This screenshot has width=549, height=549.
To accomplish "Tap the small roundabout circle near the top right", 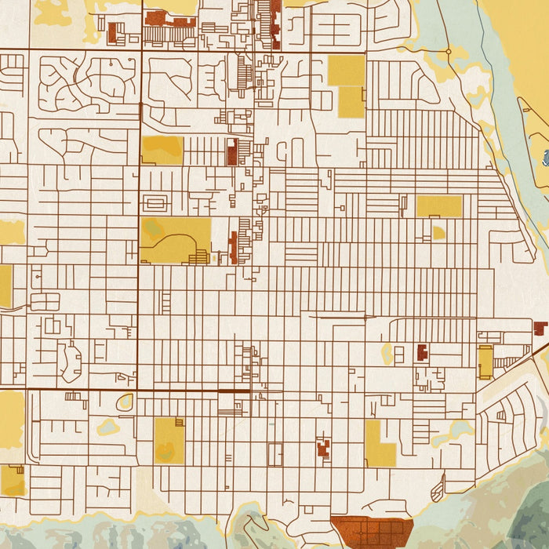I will (x=449, y=52).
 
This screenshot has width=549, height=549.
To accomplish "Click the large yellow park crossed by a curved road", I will (x=175, y=239).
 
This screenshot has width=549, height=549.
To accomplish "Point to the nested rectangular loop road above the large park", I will (x=155, y=203).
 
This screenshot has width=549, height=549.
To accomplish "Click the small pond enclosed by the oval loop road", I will (x=125, y=403).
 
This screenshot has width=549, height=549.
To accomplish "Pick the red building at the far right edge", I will (x=540, y=328).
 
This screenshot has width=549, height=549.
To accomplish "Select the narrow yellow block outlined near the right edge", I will (x=485, y=362).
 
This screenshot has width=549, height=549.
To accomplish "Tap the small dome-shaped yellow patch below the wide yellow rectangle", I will (x=438, y=233).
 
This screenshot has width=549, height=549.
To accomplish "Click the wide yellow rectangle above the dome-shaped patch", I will (x=438, y=206).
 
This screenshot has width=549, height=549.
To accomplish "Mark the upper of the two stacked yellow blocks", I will (x=346, y=70).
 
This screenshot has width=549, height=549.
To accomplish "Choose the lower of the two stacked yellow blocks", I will (x=351, y=102).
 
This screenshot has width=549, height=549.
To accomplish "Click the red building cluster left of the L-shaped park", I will (x=322, y=449).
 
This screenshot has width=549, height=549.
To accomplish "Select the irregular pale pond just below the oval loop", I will (x=107, y=427).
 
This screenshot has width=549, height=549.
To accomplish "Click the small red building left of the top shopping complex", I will (x=113, y=33).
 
